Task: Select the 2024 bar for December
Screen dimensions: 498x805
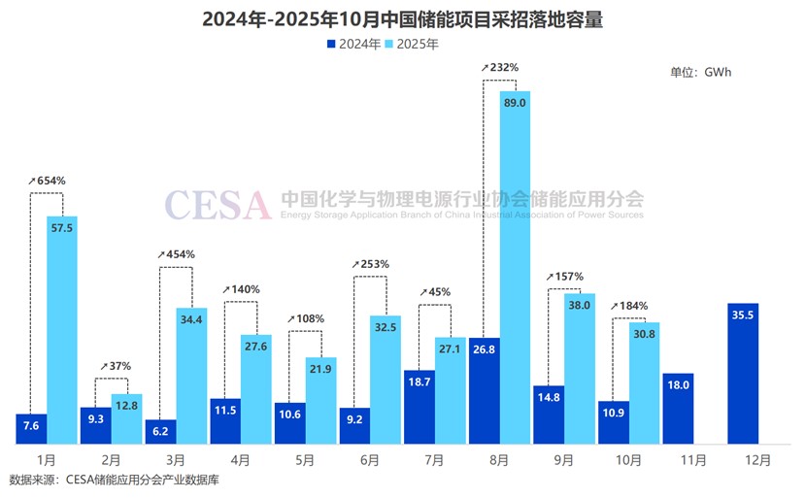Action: pos(743,374)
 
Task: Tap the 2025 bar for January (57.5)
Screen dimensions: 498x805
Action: pos(62,330)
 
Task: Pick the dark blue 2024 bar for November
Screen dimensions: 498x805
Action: pos(678,409)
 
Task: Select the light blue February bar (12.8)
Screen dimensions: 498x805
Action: pos(127,420)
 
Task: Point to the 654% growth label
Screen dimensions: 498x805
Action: pos(49,182)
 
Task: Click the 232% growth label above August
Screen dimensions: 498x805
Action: pos(501,67)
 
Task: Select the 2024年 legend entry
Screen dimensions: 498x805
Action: pos(352,44)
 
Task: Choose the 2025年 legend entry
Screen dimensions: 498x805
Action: pos(415,44)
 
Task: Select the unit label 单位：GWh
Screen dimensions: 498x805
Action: pos(702,72)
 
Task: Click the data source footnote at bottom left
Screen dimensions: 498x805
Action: pos(115,480)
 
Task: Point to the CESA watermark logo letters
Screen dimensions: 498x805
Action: pos(218,205)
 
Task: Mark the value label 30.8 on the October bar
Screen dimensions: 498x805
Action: pos(645,333)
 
